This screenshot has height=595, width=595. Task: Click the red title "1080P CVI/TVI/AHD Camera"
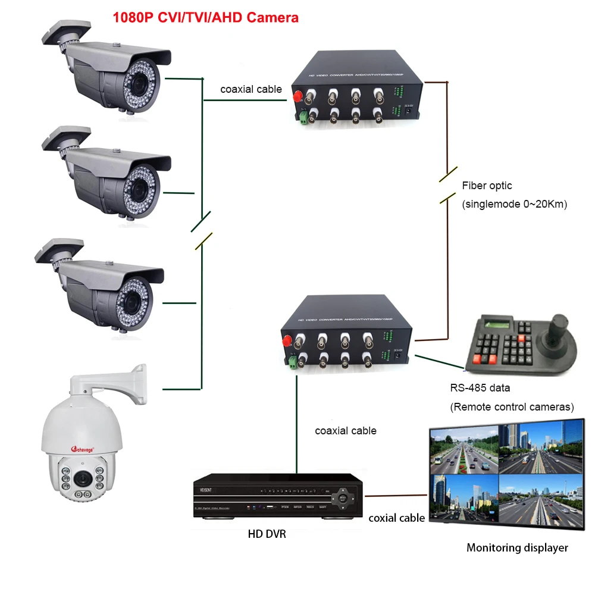205,18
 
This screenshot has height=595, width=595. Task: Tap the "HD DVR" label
267,534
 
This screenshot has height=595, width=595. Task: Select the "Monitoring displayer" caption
516,547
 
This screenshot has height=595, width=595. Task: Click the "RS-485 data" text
480,388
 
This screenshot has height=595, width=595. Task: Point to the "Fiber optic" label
487,186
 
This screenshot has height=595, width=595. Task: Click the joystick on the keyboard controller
559,326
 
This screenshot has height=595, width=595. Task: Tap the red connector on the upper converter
296,95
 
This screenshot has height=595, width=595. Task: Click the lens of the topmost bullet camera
139,83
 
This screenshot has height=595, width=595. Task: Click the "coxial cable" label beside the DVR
396,518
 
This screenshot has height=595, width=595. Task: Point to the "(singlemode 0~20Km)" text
514,204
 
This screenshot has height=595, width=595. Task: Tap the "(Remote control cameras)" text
512,407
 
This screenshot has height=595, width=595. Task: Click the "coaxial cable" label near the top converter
251,89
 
